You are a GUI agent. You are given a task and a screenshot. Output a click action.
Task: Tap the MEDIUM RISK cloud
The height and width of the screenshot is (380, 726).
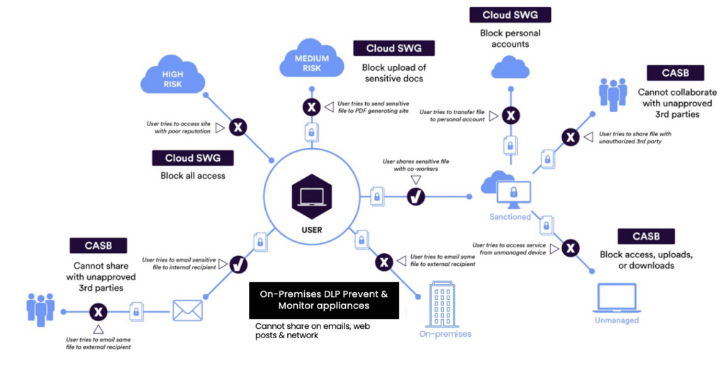coord(311,63)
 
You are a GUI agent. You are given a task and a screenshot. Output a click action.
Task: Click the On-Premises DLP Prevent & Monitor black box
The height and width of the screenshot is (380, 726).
coord(323,300)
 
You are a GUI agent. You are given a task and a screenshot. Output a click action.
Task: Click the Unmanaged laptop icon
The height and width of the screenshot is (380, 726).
coord(616,298)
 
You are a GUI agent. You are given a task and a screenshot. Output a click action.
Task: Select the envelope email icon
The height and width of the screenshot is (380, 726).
coord(187,310)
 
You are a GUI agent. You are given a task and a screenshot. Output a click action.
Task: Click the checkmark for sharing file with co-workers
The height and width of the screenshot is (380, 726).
coord(415,197)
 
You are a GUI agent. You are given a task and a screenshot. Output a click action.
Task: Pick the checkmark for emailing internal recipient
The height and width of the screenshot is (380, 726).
coord(239,264)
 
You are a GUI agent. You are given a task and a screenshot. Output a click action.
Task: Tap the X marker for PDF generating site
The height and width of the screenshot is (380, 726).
coord(311,107)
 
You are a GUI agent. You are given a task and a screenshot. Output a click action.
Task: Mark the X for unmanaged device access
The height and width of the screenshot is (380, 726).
coord(570,247)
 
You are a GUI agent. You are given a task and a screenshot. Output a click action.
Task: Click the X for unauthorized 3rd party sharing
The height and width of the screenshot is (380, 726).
coord(570,138)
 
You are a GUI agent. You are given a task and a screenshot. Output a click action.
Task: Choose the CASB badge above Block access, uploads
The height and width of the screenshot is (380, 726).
coord(646,236)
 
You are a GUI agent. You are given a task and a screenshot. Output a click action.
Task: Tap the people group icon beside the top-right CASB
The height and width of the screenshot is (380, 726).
coord(613,94)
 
